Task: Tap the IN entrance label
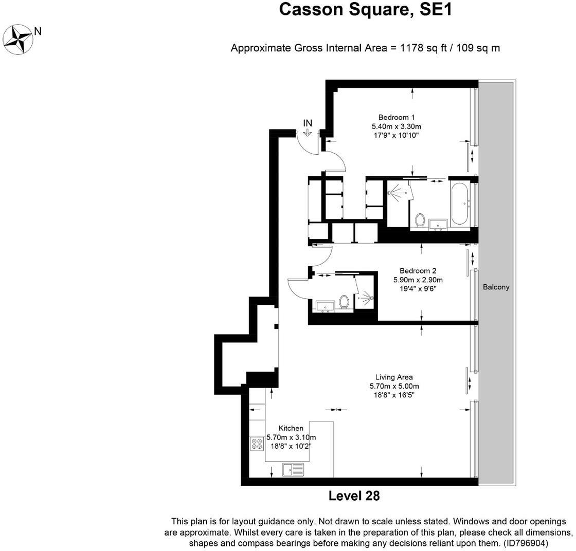pos(308,123)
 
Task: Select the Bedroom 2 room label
pos(418,271)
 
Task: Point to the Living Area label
pos(394,377)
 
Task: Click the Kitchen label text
pos(291,428)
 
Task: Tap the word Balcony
pos(496,287)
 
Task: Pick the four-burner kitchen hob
pos(257,444)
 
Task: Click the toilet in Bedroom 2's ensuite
pos(345,302)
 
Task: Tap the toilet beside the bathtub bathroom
pos(420,221)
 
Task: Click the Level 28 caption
pos(354,496)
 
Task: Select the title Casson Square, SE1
pos(366,9)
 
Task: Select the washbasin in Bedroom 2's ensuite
pos(325,307)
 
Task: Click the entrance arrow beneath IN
pos(308,133)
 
